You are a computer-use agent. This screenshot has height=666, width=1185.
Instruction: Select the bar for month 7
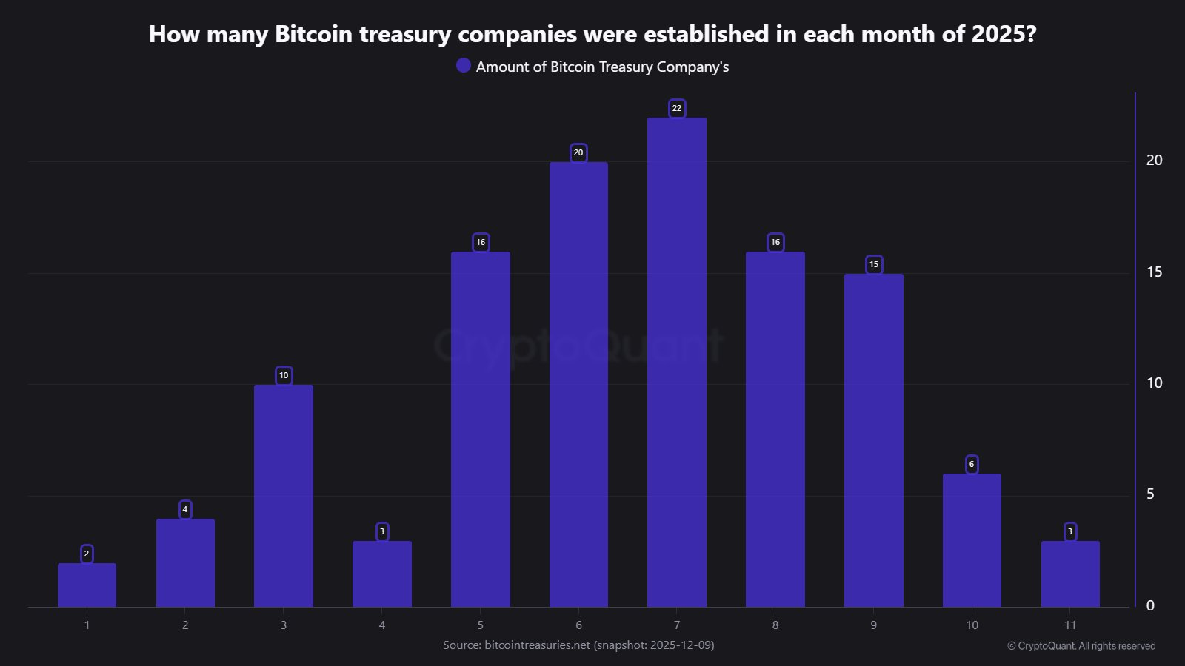tap(676, 363)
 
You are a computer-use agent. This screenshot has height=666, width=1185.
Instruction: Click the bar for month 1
tap(87, 585)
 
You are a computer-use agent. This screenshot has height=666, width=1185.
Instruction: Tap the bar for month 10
tap(972, 540)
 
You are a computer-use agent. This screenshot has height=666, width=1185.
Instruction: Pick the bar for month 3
tap(283, 496)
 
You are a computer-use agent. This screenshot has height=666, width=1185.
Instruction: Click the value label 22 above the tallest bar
tap(676, 108)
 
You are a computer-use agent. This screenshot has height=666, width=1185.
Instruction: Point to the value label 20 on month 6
tap(578, 152)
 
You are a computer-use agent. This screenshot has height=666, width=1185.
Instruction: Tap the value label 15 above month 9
tap(874, 264)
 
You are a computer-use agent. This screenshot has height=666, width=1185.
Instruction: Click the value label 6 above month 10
tap(972, 464)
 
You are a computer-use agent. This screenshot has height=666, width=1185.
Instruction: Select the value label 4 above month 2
tap(185, 509)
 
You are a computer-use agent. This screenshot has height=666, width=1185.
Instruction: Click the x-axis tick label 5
tap(480, 625)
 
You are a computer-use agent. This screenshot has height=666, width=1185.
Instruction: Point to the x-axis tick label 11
tap(1070, 625)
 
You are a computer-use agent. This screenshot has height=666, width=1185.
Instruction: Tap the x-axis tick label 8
tap(775, 625)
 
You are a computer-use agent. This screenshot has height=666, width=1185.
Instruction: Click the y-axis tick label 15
tap(1154, 272)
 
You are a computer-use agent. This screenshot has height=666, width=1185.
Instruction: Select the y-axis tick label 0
tap(1150, 606)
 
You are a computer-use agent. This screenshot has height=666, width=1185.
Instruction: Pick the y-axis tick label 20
tap(1154, 161)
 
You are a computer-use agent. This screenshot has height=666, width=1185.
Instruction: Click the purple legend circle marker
tap(464, 66)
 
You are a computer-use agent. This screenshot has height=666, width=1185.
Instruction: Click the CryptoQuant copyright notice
tap(1081, 646)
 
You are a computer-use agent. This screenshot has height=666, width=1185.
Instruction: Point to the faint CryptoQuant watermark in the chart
tap(578, 345)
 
